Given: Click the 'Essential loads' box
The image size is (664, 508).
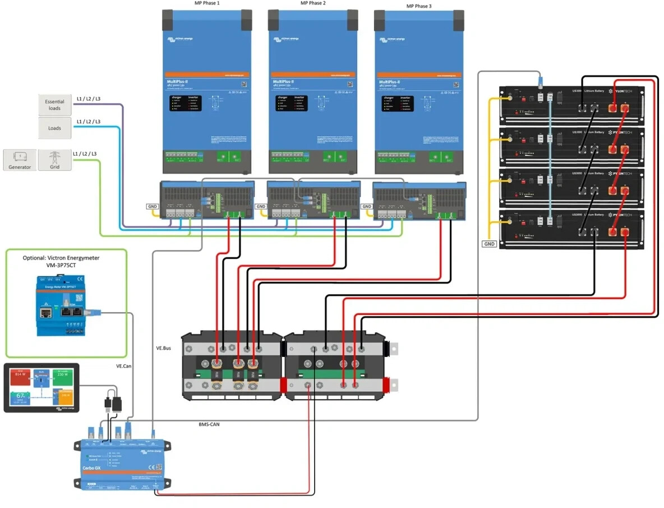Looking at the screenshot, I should [x=55, y=105].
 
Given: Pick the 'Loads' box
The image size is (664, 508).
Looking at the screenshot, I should [x=55, y=128].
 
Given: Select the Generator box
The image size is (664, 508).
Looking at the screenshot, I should [x=20, y=159].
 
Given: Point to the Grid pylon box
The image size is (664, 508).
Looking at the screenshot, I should [x=55, y=159].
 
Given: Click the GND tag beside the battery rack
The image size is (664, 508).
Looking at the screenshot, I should [x=489, y=244].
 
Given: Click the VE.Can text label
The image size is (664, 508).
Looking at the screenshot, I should [x=124, y=365].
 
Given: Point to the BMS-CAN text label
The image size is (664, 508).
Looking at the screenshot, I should [x=209, y=424].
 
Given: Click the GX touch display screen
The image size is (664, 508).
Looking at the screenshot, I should [x=41, y=388].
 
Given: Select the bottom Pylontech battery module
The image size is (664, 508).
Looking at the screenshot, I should [x=571, y=230].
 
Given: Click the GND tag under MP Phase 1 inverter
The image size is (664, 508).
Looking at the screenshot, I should [x=153, y=207].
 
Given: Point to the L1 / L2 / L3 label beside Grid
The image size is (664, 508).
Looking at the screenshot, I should [x=85, y=154].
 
